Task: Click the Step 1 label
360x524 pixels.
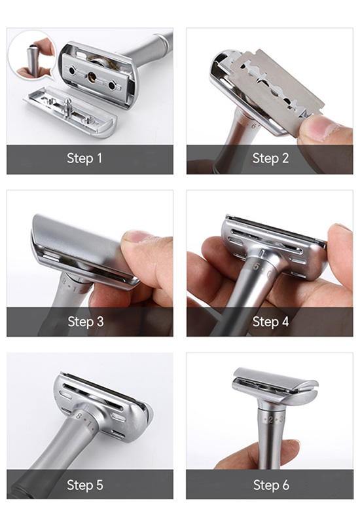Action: pyautogui.click(x=84, y=158)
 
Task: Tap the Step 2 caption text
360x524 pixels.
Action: pyautogui.click(x=270, y=158)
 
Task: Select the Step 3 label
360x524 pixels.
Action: pyautogui.click(x=86, y=322)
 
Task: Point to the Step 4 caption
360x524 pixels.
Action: pyautogui.click(x=270, y=322)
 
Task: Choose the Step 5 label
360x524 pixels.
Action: pyautogui.click(x=85, y=485)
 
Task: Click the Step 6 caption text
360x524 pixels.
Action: pyautogui.click(x=271, y=485)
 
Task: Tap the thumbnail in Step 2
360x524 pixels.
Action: pyautogui.click(x=319, y=126)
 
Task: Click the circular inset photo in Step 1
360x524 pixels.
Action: pyautogui.click(x=32, y=55)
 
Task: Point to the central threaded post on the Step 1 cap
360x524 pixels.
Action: pyautogui.click(x=68, y=106)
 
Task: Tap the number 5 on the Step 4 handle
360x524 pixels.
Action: pyautogui.click(x=256, y=266)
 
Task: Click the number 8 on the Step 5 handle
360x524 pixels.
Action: pyautogui.click(x=79, y=416)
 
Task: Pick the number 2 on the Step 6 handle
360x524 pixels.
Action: pyautogui.click(x=270, y=420)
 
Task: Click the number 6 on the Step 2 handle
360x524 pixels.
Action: pyautogui.click(x=253, y=126)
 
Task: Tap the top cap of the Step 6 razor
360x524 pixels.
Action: pyautogui.click(x=276, y=378)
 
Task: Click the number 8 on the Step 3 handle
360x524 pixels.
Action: pyautogui.click(x=64, y=281)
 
